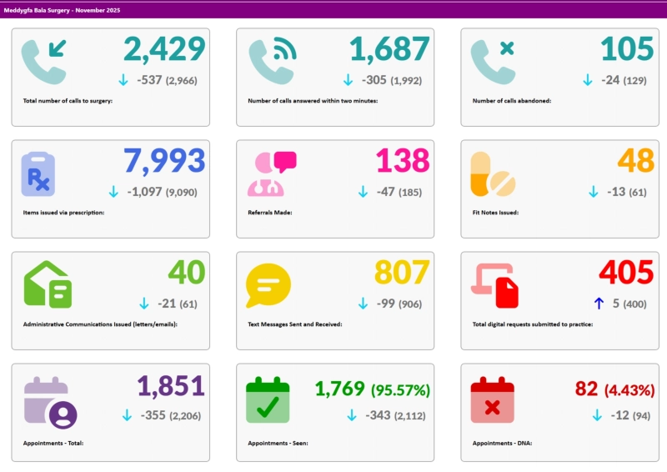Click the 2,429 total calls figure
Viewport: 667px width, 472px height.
click(x=164, y=49)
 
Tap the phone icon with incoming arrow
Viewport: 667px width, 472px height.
click(x=43, y=62)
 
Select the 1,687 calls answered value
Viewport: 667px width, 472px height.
click(x=389, y=49)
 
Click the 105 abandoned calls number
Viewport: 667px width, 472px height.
click(x=627, y=49)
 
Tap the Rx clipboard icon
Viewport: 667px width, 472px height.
click(x=38, y=174)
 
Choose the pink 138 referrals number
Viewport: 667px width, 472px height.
click(x=403, y=161)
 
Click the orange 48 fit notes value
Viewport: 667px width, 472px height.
click(x=635, y=161)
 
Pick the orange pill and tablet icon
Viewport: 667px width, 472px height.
click(x=493, y=174)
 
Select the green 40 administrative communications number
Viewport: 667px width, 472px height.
click(x=187, y=273)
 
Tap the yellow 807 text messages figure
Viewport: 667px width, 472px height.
click(x=402, y=273)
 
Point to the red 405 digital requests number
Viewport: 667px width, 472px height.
click(x=626, y=273)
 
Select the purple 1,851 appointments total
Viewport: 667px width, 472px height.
click(x=171, y=386)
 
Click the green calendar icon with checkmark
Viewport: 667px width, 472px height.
click(x=268, y=399)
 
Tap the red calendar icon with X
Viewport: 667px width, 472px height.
click(x=492, y=399)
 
